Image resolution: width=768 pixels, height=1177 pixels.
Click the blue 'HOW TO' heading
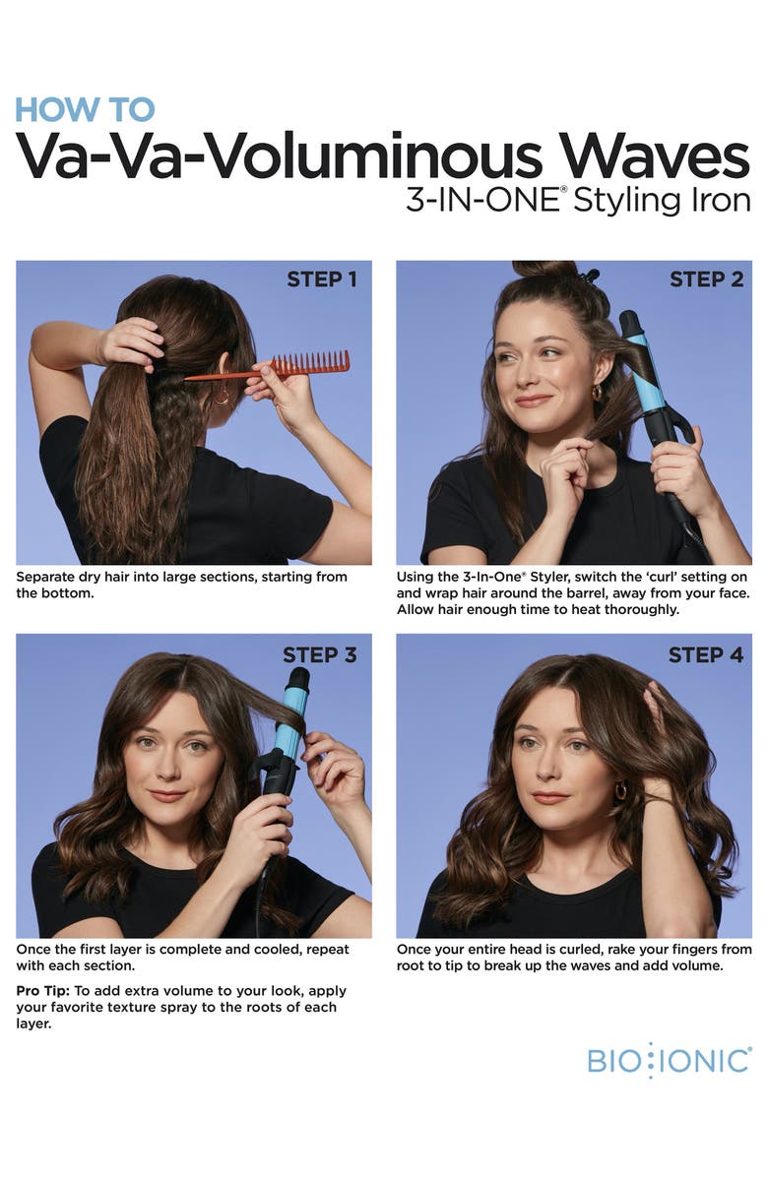point(85,108)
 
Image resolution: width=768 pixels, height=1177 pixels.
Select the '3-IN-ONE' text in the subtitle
point(481,200)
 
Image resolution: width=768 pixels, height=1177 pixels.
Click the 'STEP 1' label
point(321,279)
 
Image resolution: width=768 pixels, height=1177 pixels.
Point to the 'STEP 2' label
point(706,279)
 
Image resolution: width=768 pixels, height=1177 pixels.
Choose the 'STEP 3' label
point(319,654)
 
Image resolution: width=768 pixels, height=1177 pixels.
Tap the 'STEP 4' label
point(705,654)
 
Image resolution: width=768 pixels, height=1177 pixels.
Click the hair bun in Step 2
point(544,269)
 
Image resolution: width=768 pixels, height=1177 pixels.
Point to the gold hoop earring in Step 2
point(598,392)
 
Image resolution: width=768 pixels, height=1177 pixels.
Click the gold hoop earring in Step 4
point(621,790)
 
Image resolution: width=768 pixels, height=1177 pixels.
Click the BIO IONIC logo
point(669,1061)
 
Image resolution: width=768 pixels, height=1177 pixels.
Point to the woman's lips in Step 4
point(549,797)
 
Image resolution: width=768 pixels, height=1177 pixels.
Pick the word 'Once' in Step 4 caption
point(417,950)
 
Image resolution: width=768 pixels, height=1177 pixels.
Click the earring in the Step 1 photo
point(222,397)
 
